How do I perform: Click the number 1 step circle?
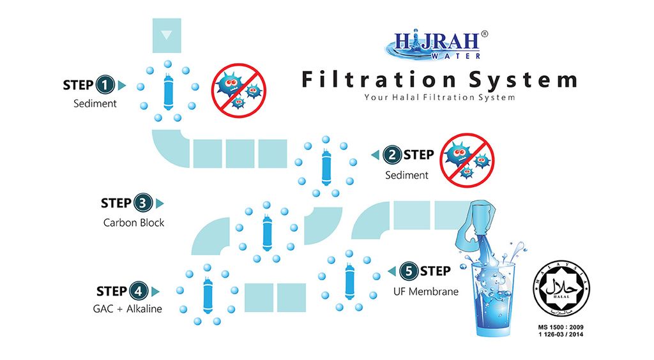(x=105, y=85)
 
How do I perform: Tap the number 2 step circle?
(x=392, y=155)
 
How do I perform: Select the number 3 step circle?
(x=143, y=204)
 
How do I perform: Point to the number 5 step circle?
(x=409, y=271)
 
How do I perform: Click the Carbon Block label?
(x=133, y=223)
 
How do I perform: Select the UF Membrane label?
(x=426, y=292)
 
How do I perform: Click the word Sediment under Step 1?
(x=95, y=103)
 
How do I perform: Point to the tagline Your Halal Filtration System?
(x=439, y=98)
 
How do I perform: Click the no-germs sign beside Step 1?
(x=239, y=90)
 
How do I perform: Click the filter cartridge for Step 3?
(x=267, y=229)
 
